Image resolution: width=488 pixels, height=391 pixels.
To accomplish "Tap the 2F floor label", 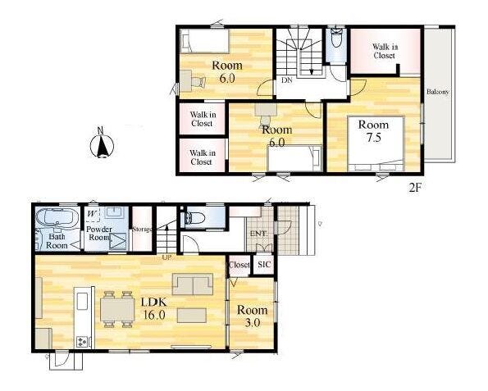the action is (415, 188).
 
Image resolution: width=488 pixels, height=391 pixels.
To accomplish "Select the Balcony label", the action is (438, 92).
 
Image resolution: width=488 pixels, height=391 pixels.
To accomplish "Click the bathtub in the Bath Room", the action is (57, 216).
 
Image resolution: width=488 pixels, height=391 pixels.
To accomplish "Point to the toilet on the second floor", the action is (336, 38).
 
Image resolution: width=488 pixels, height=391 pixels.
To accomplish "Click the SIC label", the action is (264, 265).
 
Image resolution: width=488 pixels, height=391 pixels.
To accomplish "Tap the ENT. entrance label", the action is (258, 234).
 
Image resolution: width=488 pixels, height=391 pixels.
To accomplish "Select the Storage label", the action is (142, 230).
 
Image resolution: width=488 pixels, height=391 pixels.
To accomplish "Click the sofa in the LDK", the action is (193, 284).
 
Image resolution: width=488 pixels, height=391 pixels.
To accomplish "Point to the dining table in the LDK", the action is (117, 309).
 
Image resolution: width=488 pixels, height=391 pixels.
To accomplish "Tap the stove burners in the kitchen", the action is (83, 342).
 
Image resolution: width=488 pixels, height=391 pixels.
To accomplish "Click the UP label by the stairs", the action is (166, 257).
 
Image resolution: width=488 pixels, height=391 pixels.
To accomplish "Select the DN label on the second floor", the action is (287, 80).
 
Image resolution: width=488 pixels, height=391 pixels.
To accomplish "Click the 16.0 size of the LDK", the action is (154, 315).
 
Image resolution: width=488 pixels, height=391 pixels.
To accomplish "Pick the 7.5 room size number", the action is (374, 137).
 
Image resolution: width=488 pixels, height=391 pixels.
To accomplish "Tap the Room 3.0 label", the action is (252, 316).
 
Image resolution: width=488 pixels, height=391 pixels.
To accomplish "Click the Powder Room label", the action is (99, 234).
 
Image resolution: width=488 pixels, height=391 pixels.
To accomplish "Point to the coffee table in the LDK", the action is (192, 316).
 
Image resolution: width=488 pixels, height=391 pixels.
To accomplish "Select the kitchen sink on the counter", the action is (82, 302).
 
